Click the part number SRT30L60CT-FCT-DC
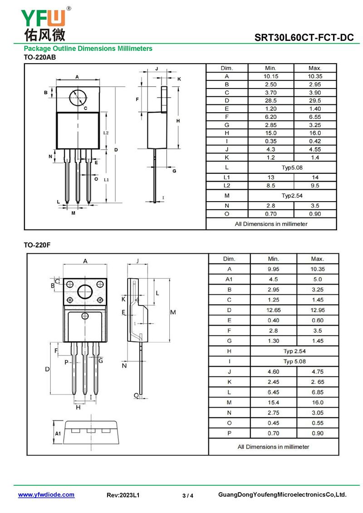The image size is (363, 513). tap(304, 38)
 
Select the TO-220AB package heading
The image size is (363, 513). tap(39, 57)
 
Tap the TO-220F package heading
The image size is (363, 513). tap(37, 245)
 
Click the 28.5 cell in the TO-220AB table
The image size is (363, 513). tap(270, 100)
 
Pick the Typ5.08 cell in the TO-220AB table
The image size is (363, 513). tap(292, 168)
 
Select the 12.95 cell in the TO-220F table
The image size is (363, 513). tap(318, 310)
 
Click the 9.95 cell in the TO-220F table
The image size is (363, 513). tap(273, 269)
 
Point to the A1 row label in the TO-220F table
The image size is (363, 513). tap(229, 279)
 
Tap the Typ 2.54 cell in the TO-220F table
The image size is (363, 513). tap(295, 351)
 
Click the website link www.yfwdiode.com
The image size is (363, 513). tap(46, 495)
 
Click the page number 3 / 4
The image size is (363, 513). tap(188, 496)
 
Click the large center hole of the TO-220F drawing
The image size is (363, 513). tap(85, 291)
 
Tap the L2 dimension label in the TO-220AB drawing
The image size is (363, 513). tap(106, 133)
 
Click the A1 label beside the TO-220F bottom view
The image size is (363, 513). tap(58, 434)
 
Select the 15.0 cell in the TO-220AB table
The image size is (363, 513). tap(270, 133)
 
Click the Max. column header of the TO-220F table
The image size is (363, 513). tap(318, 259)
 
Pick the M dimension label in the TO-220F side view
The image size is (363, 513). tap(173, 312)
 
